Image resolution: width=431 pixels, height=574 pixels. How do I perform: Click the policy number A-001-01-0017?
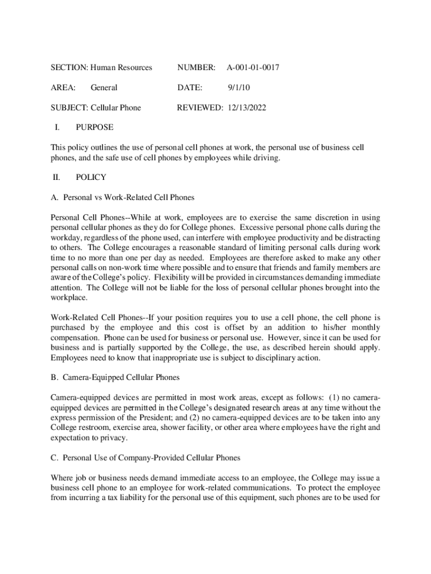pyautogui.click(x=253, y=68)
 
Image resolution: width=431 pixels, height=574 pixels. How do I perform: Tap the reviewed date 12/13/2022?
pyautogui.click(x=247, y=108)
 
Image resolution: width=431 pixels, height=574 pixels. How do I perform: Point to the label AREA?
pyautogui.click(x=63, y=88)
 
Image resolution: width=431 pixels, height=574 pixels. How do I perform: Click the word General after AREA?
pyautogui.click(x=104, y=88)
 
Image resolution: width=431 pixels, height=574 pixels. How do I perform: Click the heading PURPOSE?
pyautogui.click(x=95, y=127)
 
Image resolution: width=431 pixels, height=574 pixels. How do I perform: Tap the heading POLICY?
pyautogui.click(x=91, y=177)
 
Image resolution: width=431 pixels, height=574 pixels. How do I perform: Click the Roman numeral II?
pyautogui.click(x=56, y=177)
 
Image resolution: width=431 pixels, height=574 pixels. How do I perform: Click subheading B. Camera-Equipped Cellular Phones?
pyautogui.click(x=115, y=377)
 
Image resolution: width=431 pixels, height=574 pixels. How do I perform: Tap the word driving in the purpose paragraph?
pyautogui.click(x=263, y=158)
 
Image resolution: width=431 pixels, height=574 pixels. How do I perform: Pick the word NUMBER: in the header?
pyautogui.click(x=196, y=68)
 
